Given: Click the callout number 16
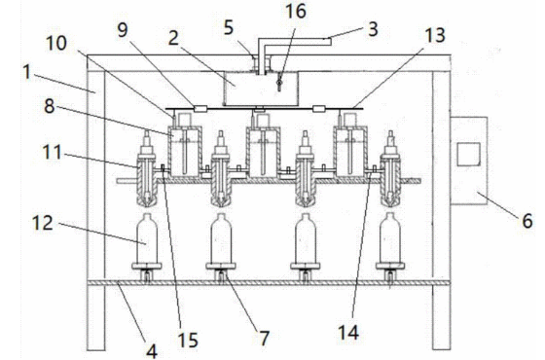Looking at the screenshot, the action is [296, 12].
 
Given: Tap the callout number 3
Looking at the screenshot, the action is [373, 29].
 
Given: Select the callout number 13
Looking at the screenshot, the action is [435, 35].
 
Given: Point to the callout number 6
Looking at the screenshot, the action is [527, 221].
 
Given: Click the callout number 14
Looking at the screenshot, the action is [348, 333].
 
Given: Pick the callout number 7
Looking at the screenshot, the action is [264, 338].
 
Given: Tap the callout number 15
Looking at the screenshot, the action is [188, 340].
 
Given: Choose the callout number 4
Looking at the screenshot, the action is [152, 351].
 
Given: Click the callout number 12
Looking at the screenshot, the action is [43, 223].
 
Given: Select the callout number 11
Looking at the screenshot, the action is [53, 152].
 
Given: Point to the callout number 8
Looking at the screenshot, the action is [49, 106].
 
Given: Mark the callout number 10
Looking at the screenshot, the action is [56, 44].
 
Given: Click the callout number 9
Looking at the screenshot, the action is [123, 30].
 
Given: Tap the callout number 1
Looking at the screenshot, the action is [26, 73].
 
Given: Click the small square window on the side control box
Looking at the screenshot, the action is [468, 155].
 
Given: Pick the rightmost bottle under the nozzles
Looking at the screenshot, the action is [390, 241].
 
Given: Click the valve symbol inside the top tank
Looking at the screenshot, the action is [278, 83].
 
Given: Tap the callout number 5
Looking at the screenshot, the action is [228, 28].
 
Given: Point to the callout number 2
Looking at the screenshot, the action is [173, 38].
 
